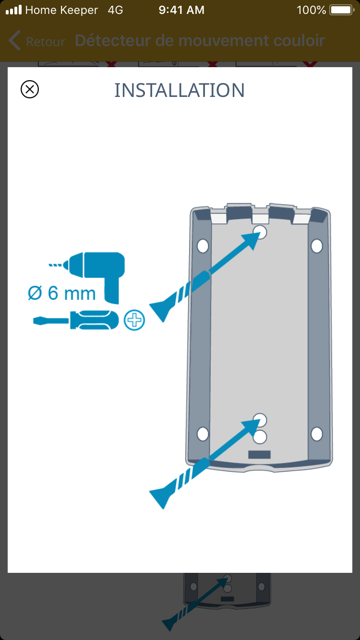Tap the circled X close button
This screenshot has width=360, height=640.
(30, 89)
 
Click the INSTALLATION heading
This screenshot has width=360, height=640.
(180, 90)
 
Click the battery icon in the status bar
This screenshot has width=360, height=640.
(342, 10)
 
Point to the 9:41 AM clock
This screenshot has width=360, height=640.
(181, 10)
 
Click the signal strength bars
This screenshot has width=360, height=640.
(14, 10)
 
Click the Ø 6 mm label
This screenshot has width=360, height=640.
(62, 293)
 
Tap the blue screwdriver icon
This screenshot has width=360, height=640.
(76, 320)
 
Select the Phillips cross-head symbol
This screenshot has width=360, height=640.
(134, 320)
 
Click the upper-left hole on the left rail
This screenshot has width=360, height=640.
(203, 246)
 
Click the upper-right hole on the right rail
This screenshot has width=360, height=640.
(317, 246)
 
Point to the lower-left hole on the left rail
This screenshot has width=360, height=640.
(203, 434)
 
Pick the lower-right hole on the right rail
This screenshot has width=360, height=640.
(317, 434)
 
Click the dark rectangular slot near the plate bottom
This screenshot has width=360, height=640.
(259, 454)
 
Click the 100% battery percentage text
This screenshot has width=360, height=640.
(312, 10)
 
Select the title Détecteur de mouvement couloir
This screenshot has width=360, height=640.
(200, 41)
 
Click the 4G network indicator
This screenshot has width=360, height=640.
(116, 10)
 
